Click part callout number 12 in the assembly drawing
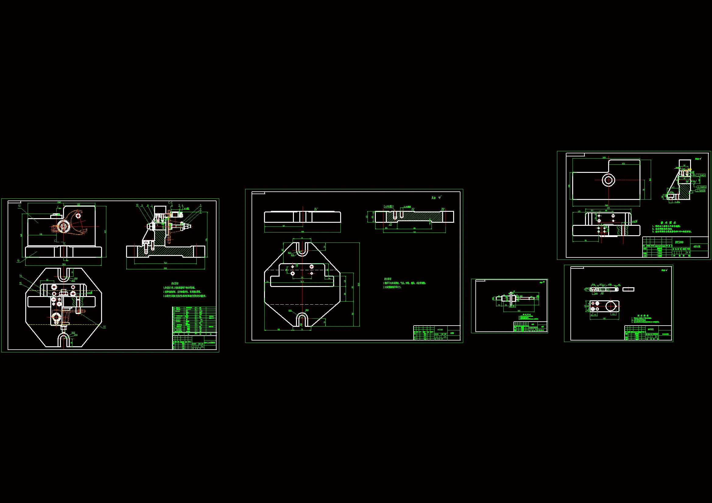pyautogui.click(x=19, y=206)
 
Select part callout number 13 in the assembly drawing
pyautogui.click(x=18, y=261)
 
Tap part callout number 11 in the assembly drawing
pyautogui.click(x=104, y=327)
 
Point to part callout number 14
pyautogui.click(x=21, y=275)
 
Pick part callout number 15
pyautogui.click(x=21, y=283)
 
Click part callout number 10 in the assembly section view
pyautogui.click(x=137, y=205)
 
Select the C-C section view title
pyautogui.click(x=171, y=203)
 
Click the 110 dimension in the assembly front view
pyautogui.click(x=41, y=234)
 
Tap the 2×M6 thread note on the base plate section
pyautogui.click(x=388, y=206)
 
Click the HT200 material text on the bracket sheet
pyautogui.click(x=679, y=242)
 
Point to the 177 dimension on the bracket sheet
pyautogui.click(x=608, y=208)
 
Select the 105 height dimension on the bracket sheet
pyautogui.click(x=569, y=186)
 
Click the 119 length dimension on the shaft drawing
pyautogui.click(x=519, y=311)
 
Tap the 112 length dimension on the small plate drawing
pyautogui.click(x=604, y=319)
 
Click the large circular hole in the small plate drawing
pyautogui.click(x=610, y=306)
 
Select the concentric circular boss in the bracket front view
pyautogui.click(x=608, y=180)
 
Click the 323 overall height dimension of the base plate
pyautogui.click(x=359, y=284)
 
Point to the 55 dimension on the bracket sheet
pyautogui.click(x=586, y=240)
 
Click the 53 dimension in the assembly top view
pyautogui.click(x=47, y=280)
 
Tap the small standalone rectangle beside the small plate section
pyautogui.click(x=628, y=289)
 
